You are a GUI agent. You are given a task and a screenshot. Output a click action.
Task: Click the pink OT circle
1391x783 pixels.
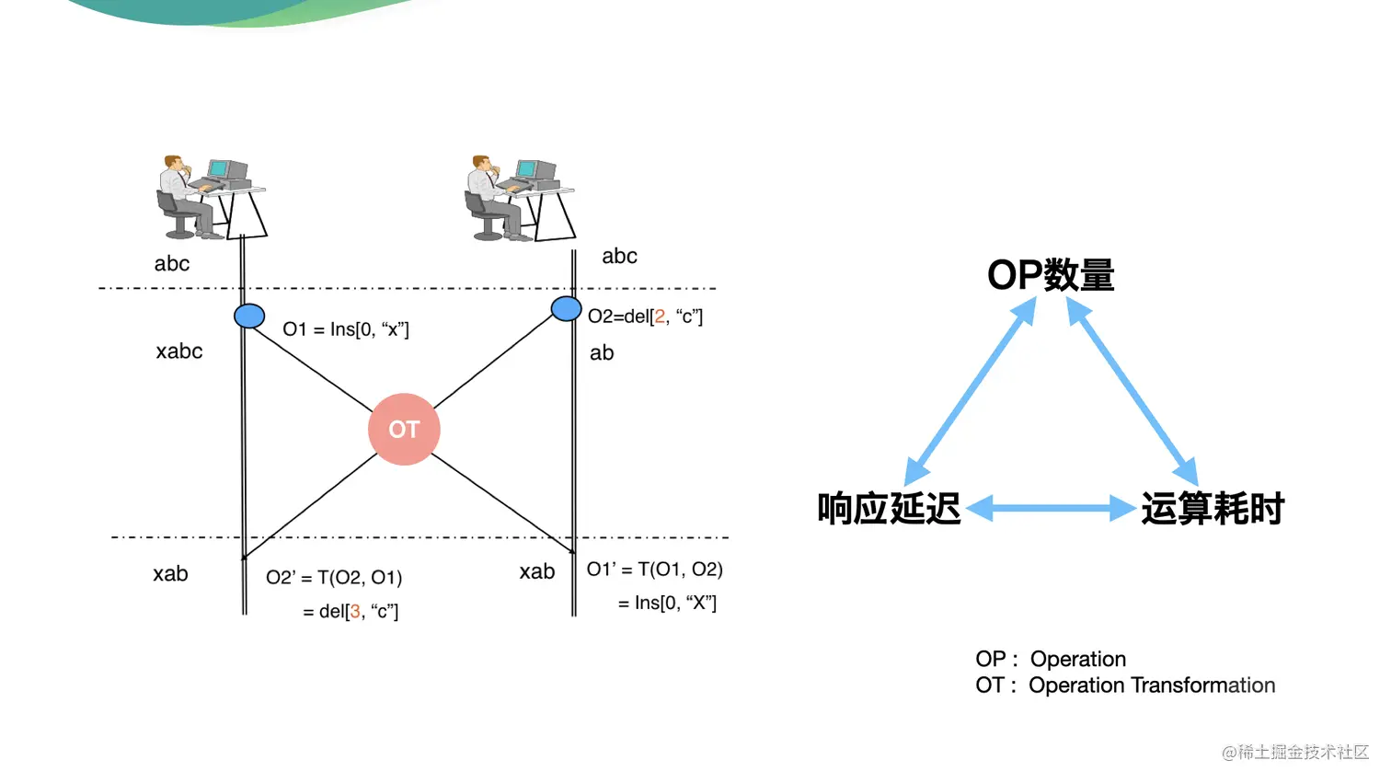(404, 430)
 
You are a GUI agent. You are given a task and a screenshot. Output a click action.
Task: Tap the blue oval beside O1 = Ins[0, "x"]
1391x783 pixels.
(249, 316)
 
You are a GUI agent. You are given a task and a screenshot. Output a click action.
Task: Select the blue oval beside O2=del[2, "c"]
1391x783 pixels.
(566, 308)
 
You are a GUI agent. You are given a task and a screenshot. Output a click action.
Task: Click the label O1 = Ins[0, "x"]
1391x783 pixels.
(346, 329)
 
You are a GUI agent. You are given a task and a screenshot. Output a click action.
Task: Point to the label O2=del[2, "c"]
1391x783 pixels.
(645, 317)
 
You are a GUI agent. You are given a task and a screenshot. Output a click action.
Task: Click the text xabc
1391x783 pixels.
(179, 351)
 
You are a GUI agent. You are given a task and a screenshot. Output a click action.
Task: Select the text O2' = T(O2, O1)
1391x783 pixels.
(334, 578)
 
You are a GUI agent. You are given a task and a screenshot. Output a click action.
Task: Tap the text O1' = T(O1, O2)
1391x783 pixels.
(655, 570)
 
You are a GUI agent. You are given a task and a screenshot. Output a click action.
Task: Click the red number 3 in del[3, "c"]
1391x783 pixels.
(355, 612)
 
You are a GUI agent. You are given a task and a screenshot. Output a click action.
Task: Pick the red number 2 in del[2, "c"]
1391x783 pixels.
(660, 317)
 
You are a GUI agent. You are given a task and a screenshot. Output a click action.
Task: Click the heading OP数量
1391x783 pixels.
(1051, 275)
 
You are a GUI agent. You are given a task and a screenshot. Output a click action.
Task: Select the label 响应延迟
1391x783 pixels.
(889, 508)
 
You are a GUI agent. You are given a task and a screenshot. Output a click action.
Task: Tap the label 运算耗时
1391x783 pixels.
(1213, 508)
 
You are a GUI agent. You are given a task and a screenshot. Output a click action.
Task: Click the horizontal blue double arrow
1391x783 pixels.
(1052, 508)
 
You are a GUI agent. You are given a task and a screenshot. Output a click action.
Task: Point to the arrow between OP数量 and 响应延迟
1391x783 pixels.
(970, 392)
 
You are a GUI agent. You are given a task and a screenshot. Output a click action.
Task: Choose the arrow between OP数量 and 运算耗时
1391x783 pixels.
(1132, 392)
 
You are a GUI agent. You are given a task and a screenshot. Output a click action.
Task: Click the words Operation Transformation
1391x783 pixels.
(1152, 685)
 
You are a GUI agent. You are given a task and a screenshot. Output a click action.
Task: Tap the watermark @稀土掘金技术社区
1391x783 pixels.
(1295, 753)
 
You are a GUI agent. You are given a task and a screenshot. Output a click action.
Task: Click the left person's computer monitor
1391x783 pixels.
(218, 169)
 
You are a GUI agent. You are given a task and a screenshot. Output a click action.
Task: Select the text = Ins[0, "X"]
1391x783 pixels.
(667, 604)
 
